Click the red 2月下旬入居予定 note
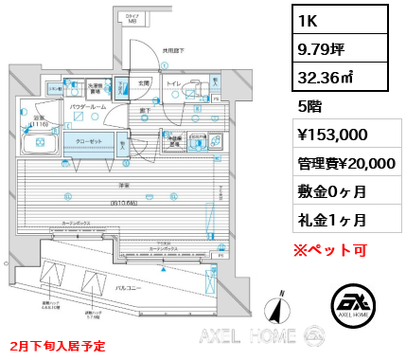(57, 344)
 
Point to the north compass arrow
(275, 308)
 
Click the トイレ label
(172, 82)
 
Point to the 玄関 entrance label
(142, 82)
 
